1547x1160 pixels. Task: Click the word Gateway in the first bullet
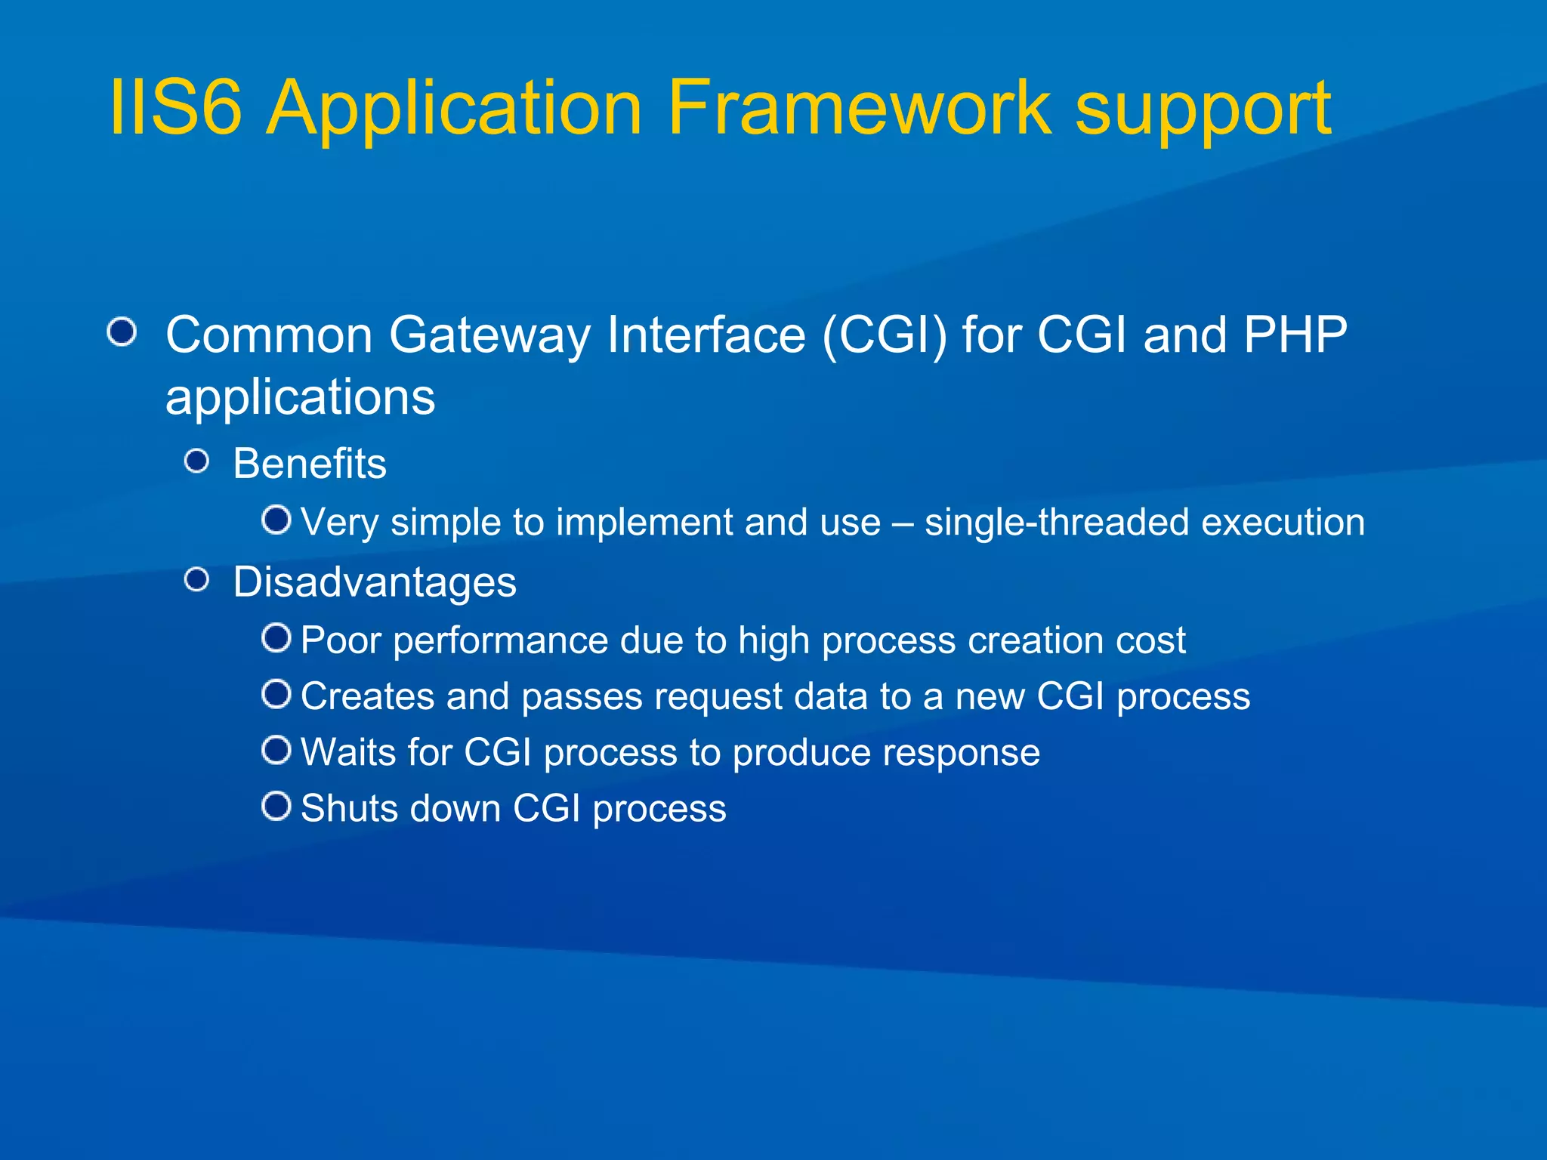pyautogui.click(x=489, y=336)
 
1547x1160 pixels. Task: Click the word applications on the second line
pyautogui.click(x=300, y=399)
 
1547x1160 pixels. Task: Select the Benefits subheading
pyautogui.click(x=310, y=464)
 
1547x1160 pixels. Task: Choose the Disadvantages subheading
pyautogui.click(x=375, y=582)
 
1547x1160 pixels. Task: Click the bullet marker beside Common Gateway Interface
pyautogui.click(x=122, y=332)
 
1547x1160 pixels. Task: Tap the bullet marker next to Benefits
pyautogui.click(x=197, y=461)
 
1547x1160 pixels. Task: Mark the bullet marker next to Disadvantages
pyautogui.click(x=197, y=580)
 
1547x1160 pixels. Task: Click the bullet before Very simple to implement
pyautogui.click(x=276, y=520)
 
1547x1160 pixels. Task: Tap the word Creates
pyautogui.click(x=367, y=696)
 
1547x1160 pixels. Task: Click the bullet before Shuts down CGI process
pyautogui.click(x=276, y=806)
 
